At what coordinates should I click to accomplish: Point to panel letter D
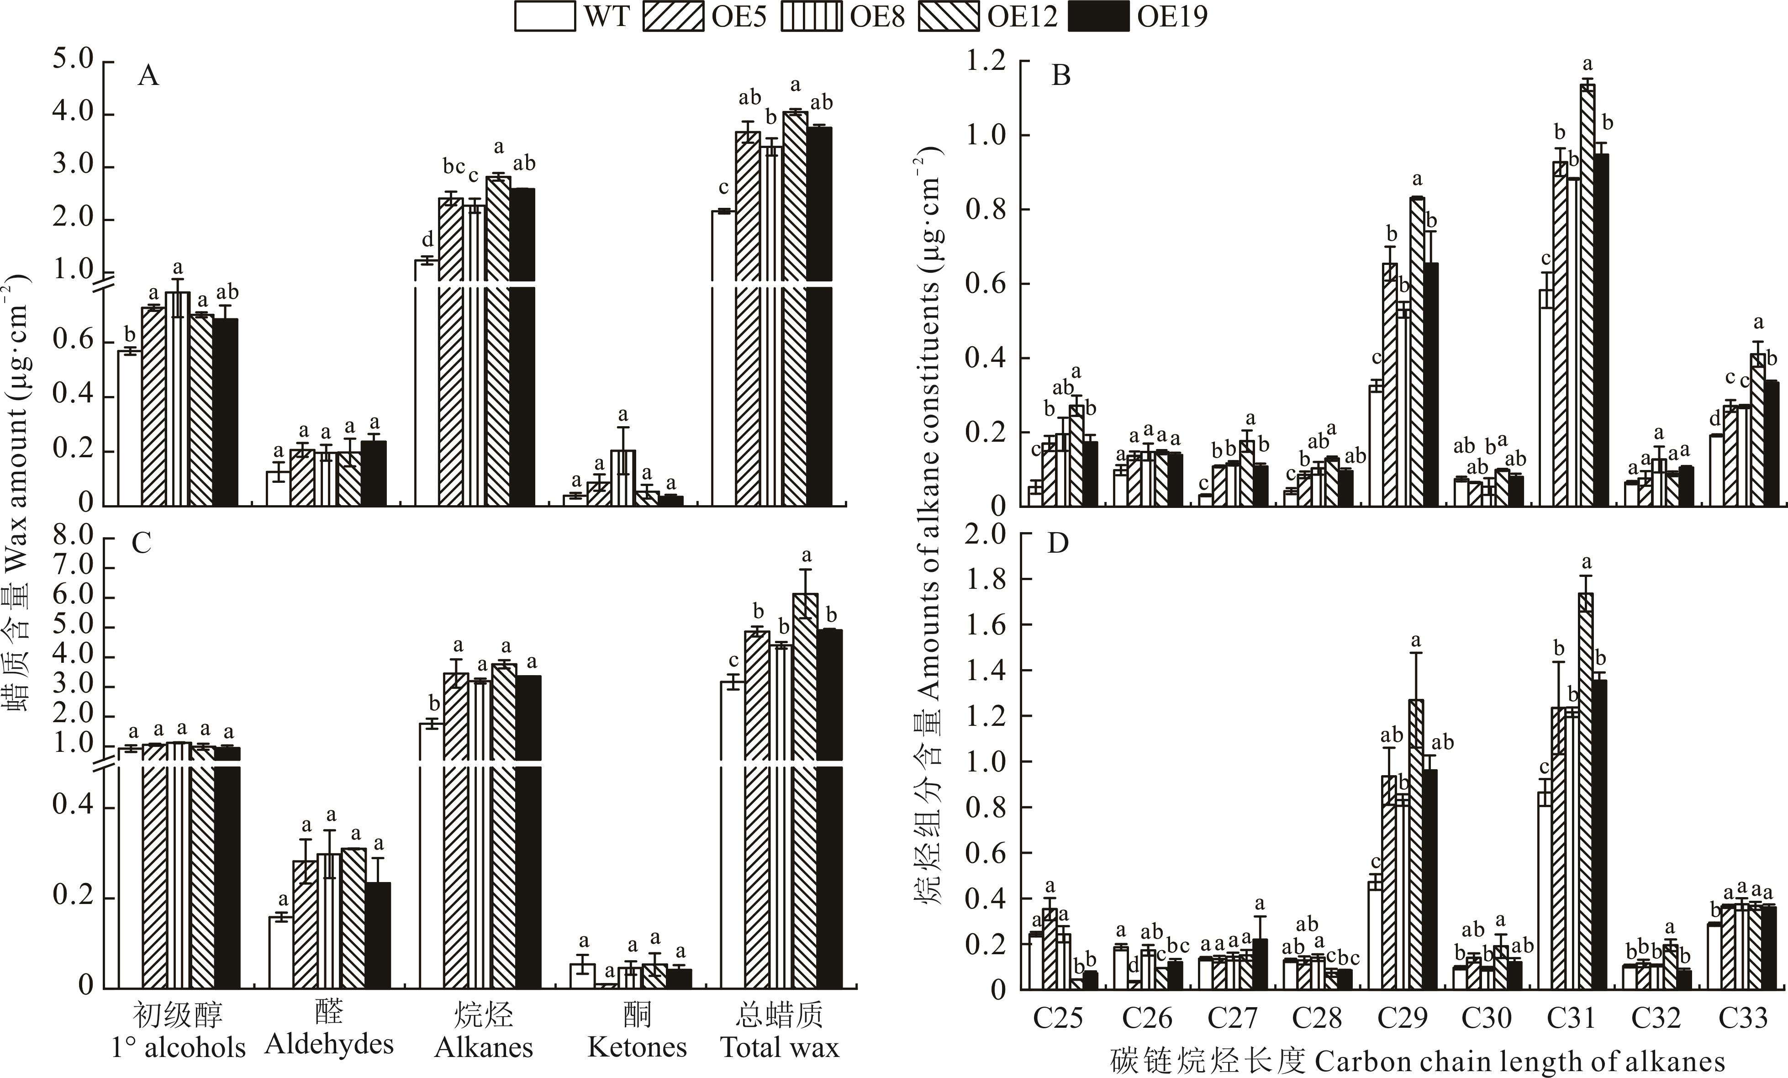point(1058,543)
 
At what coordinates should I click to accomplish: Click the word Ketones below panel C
point(636,1047)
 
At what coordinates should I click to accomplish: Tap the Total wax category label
point(779,1047)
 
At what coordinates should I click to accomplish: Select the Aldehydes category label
point(329,1044)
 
